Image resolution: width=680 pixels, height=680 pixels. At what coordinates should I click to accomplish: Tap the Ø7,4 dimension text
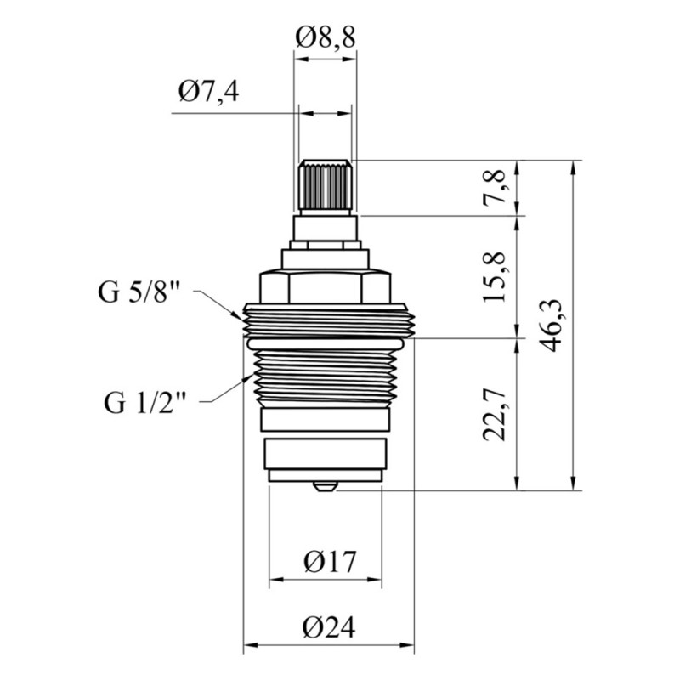(x=208, y=92)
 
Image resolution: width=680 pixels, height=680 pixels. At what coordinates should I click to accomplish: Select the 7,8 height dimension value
(x=495, y=187)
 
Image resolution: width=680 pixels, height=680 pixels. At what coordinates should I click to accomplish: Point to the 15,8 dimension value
(x=495, y=276)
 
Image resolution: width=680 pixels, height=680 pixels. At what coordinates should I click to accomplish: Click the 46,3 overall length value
(x=551, y=326)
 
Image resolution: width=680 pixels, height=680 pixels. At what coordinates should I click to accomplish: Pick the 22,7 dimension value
(x=495, y=415)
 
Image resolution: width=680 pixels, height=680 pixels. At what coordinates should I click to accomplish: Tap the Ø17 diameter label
(x=330, y=562)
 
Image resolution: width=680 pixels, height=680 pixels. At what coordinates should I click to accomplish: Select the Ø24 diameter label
(x=329, y=626)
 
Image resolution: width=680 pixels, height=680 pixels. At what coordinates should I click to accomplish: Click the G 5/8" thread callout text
(x=139, y=292)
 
